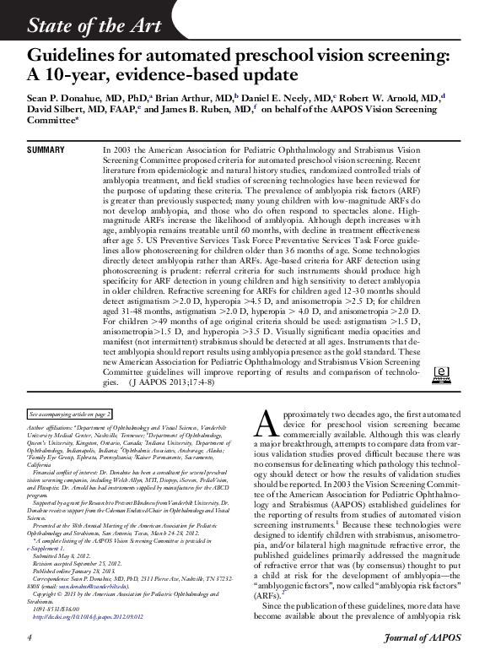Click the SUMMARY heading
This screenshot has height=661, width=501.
(46, 149)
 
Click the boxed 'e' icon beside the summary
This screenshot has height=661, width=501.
(439, 372)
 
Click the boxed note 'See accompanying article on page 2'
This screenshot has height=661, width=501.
(70, 415)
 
